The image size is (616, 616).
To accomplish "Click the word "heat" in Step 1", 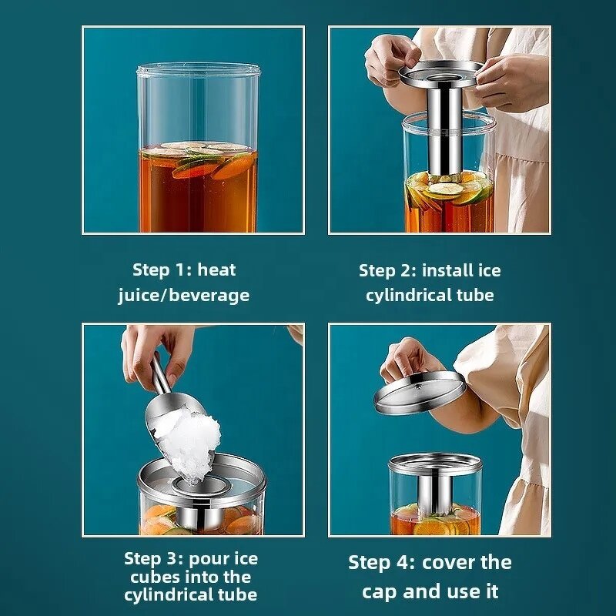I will [216, 270].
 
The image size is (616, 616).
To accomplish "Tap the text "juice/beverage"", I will [183, 295].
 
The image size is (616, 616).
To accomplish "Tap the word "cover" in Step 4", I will [451, 562].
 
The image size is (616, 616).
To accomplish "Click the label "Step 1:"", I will [161, 270].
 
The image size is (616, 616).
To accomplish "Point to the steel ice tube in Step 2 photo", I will [446, 131].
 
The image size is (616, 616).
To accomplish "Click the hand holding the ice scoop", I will [154, 350].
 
